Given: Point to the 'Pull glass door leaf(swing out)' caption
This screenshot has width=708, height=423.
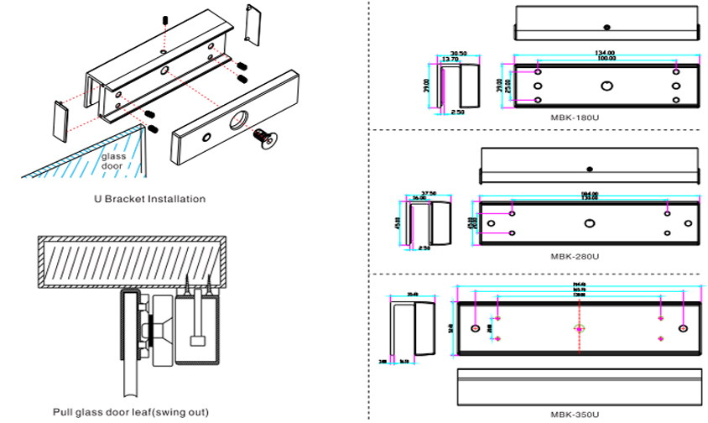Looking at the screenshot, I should pos(130,412).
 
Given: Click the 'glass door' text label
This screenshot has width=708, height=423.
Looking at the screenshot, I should pos(112,161).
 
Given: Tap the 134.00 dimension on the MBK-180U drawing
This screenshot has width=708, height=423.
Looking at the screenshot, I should pos(606,52).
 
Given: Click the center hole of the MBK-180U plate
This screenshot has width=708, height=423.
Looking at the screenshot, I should pos(606,85).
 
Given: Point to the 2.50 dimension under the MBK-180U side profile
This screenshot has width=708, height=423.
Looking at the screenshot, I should pos(457,112).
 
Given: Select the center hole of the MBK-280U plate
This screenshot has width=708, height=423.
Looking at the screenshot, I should pos(589,222).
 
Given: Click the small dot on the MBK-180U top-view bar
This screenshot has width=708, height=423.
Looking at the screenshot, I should pos(606,24).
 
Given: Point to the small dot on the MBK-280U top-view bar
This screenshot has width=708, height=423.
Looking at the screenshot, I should pos(591,167).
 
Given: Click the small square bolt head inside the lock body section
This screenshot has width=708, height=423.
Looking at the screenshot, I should pos(197,341).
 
